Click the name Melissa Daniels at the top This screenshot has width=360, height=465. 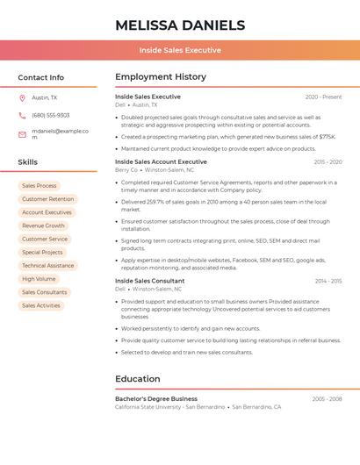coord(179,25)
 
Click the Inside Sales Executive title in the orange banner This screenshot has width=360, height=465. coord(179,50)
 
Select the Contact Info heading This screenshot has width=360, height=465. coord(40,77)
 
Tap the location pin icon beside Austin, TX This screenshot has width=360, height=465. coord(22,98)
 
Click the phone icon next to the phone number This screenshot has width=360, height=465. coord(22,116)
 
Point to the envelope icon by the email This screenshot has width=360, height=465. coord(22,134)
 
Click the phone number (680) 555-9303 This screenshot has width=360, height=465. coord(51,116)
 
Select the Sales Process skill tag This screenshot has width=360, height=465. coord(39,186)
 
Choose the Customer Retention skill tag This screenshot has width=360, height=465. coord(47,199)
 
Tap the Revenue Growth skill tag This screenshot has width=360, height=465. coord(43,225)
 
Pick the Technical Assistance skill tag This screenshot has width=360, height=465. coord(47,266)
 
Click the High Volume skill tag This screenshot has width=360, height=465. coord(39,279)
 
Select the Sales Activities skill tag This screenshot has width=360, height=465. coord(41,305)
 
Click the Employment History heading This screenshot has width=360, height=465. coord(160,77)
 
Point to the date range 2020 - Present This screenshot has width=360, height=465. coord(323,97)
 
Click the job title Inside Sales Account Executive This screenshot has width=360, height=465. coord(161,162)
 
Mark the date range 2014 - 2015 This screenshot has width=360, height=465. coord(328,281)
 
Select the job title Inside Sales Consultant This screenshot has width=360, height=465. coord(149,281)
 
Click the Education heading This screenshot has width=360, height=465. coord(137,379)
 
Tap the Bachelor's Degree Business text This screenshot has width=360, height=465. coord(155,399)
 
